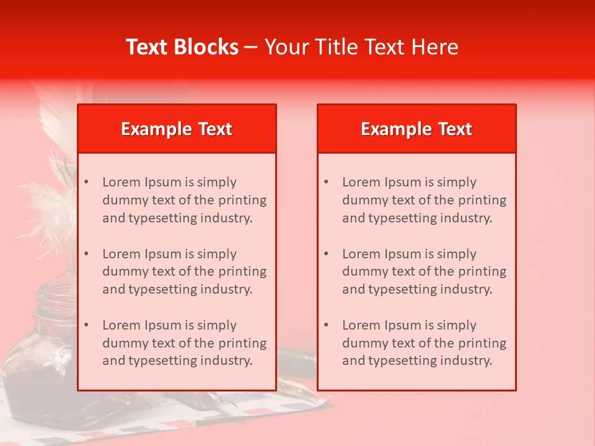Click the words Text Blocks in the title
182,47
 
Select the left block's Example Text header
177,129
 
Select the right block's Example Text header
416,129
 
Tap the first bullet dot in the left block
87,182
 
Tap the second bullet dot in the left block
87,254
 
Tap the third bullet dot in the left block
87,325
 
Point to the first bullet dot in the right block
327,182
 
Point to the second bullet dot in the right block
327,254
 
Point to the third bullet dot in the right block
327,325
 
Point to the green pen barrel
294,357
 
